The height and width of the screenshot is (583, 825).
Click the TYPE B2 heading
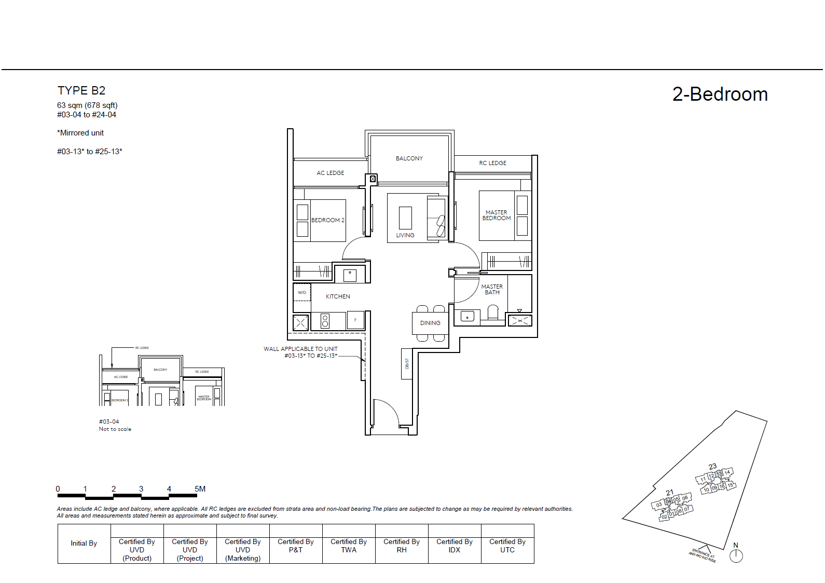click(81, 91)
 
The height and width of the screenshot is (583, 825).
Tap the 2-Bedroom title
click(720, 94)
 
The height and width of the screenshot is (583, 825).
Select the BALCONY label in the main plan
click(409, 158)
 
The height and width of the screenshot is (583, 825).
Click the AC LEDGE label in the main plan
click(330, 173)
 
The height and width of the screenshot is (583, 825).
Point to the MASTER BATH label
click(491, 290)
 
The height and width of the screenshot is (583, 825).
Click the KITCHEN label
click(338, 296)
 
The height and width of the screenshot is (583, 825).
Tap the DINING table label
click(430, 323)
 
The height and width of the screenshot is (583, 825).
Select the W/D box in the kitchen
click(302, 292)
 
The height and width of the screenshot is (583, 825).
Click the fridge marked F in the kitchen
click(355, 320)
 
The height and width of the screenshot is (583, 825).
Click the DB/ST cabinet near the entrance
click(407, 363)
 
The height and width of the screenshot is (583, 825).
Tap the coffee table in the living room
click(405, 218)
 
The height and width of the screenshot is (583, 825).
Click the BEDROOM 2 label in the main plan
click(327, 220)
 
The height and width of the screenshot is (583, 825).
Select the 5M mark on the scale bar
click(200, 489)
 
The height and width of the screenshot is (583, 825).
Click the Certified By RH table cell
click(402, 546)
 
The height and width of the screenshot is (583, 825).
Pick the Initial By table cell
click(84, 544)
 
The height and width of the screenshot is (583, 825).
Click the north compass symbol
click(736, 555)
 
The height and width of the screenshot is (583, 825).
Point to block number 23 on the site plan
click(712, 467)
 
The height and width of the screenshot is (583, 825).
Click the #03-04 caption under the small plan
click(109, 422)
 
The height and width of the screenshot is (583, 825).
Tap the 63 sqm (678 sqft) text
click(87, 105)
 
